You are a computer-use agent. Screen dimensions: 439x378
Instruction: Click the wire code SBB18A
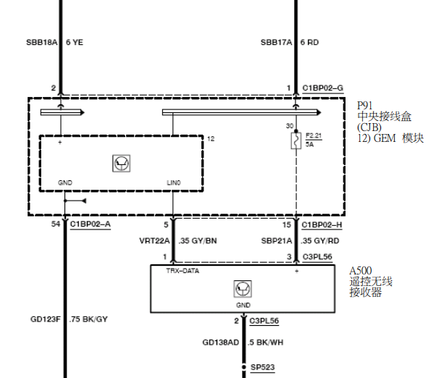click(42, 42)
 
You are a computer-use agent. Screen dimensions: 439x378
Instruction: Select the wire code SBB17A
click(276, 42)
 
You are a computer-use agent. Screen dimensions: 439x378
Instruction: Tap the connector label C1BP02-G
click(323, 88)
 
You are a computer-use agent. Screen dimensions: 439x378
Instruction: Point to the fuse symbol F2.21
click(296, 140)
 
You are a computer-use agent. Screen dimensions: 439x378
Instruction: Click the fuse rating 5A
click(309, 144)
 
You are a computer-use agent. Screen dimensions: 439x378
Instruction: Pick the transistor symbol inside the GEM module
click(121, 163)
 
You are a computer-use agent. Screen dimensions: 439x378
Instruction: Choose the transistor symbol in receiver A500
click(243, 289)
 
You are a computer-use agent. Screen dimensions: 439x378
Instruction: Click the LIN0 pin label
click(174, 182)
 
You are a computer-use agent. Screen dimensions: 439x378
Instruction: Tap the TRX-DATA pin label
click(183, 271)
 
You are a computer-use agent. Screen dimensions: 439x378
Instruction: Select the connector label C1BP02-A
click(91, 224)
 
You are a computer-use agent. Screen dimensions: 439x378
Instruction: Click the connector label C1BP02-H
click(322, 225)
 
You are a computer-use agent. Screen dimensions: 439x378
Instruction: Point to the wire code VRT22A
click(154, 241)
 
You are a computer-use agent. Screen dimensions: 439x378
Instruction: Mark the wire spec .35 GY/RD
click(320, 241)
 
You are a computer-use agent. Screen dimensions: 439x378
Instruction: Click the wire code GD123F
click(46, 319)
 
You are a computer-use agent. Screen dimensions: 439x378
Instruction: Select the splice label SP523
click(263, 367)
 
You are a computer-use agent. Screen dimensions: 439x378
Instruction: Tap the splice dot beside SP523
click(244, 367)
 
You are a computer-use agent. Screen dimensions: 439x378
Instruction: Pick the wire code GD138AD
click(221, 343)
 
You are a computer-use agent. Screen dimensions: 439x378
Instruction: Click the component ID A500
click(361, 271)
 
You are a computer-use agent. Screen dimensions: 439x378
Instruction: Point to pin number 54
click(56, 224)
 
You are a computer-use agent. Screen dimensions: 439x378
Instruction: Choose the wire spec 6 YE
click(75, 42)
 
